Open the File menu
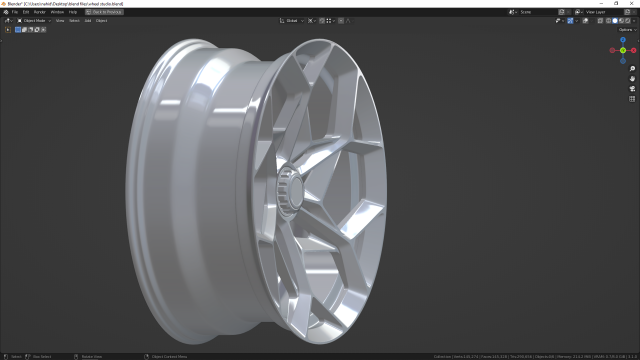15,11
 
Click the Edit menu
27,11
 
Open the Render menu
41,11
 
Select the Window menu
58,11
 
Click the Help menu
72,11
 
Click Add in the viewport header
88,20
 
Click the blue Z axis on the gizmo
622,42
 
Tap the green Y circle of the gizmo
622,50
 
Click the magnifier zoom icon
632,68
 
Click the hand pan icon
632,78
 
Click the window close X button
632,3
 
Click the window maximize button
617,3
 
